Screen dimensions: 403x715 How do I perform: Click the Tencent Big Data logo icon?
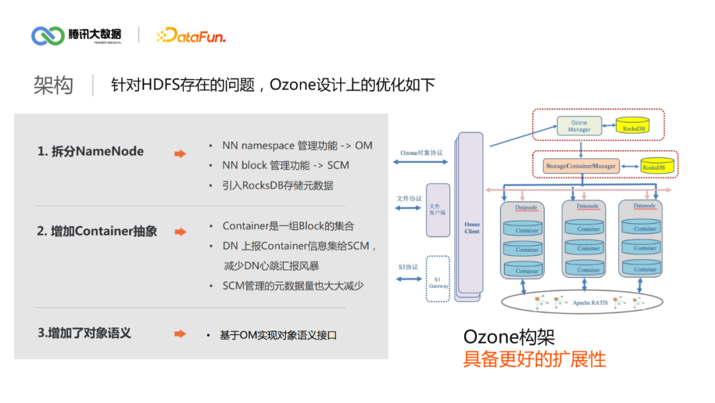[48, 35]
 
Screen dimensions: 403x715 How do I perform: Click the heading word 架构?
[54, 86]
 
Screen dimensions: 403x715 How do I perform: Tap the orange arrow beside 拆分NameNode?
[180, 154]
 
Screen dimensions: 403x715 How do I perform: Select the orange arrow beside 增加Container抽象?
[180, 232]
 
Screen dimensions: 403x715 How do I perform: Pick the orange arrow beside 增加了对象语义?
[180, 334]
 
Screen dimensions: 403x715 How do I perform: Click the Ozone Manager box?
[579, 126]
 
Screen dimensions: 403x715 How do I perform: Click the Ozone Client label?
[472, 227]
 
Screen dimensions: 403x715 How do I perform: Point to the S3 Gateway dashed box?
[438, 279]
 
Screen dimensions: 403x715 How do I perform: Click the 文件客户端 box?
[438, 209]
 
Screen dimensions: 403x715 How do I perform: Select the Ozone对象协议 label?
[421, 152]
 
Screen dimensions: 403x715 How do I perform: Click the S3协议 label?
[407, 266]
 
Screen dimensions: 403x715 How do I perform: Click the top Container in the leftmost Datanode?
[527, 229]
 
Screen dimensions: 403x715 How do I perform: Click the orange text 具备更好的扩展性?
[534, 359]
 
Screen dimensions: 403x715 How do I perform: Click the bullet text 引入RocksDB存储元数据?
[278, 186]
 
